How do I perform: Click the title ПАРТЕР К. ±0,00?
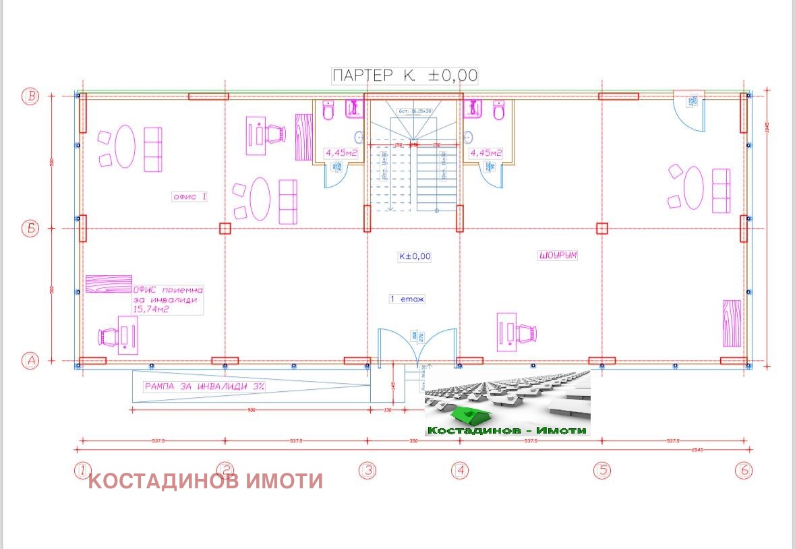pyautogui.click(x=405, y=75)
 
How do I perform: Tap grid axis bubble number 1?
pyautogui.click(x=82, y=470)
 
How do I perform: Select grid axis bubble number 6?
pyautogui.click(x=744, y=470)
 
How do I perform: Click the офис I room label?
pyautogui.click(x=189, y=197)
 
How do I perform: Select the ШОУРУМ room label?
pyautogui.click(x=558, y=256)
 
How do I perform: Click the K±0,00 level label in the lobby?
pyautogui.click(x=414, y=256)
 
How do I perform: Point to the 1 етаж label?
pyautogui.click(x=407, y=299)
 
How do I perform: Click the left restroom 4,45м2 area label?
pyautogui.click(x=341, y=152)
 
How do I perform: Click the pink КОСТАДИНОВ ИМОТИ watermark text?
pyautogui.click(x=206, y=482)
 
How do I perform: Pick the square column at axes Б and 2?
pyautogui.click(x=225, y=229)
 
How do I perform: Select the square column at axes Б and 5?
pyautogui.click(x=602, y=229)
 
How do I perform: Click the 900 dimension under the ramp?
pyautogui.click(x=251, y=409)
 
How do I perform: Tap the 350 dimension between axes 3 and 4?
pyautogui.click(x=413, y=441)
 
